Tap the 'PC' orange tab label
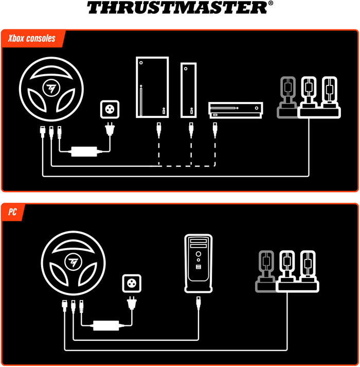pyautogui.click(x=13, y=212)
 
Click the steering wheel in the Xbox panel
pyautogui.click(x=51, y=89)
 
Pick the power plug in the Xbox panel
pyautogui.click(x=109, y=129)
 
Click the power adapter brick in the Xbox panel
pyautogui.click(x=84, y=152)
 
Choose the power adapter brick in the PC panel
pyautogui.click(x=106, y=325)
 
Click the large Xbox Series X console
pyautogui.click(x=152, y=88)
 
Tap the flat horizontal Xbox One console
pyautogui.click(x=236, y=110)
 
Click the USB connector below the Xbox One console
pyautogui.click(x=215, y=129)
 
